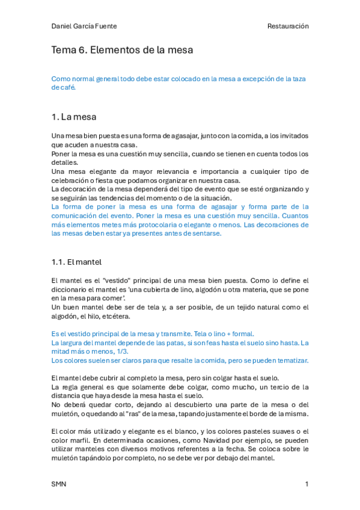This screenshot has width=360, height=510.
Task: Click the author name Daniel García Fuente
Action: (x=84, y=26)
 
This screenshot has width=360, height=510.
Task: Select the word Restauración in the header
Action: (x=288, y=26)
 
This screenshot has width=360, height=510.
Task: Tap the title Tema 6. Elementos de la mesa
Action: (x=122, y=51)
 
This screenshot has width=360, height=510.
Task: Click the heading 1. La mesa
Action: (x=74, y=116)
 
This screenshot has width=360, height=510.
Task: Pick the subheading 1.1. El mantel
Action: (x=76, y=262)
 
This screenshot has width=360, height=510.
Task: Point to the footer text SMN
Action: (x=58, y=484)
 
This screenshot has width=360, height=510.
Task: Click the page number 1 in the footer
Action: (x=307, y=484)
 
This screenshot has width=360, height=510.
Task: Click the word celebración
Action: (x=70, y=180)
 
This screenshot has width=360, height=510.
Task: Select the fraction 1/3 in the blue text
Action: (x=124, y=351)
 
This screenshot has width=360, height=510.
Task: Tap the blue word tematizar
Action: (x=291, y=360)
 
